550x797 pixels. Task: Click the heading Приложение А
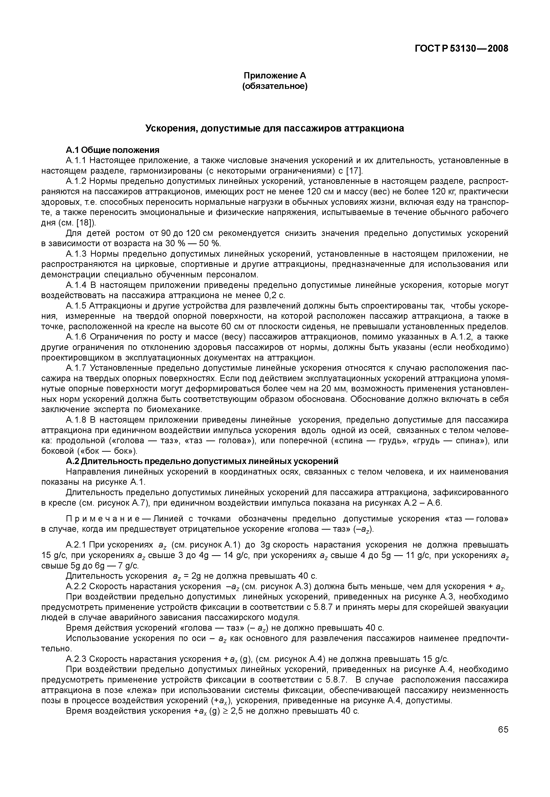(x=275, y=75)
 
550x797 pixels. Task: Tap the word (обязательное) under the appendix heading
(x=275, y=86)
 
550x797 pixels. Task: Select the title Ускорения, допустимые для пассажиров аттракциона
(x=274, y=128)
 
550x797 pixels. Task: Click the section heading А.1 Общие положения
(x=113, y=150)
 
